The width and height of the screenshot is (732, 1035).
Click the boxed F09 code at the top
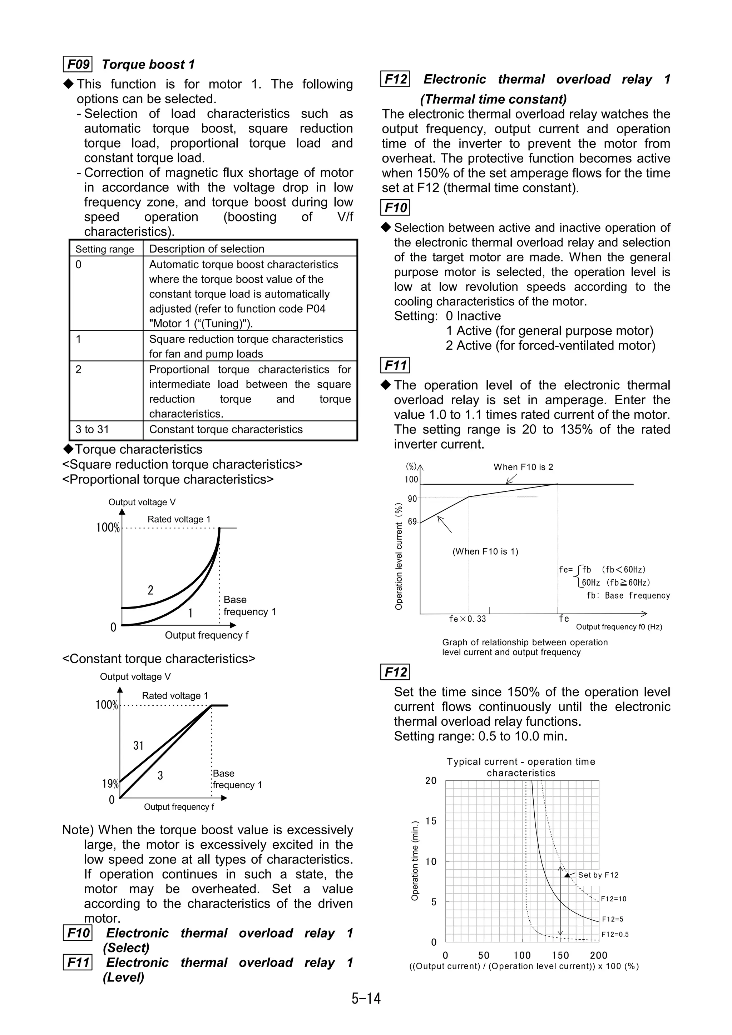(x=78, y=64)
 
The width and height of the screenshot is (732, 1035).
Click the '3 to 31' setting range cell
(x=93, y=430)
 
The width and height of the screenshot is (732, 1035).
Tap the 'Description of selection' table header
(x=207, y=249)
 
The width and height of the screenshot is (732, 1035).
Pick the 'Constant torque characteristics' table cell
(x=226, y=430)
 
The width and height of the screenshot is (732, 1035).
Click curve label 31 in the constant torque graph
(x=138, y=746)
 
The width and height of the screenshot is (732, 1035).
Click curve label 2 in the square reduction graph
(x=150, y=590)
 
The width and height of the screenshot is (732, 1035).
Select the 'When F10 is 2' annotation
(x=523, y=467)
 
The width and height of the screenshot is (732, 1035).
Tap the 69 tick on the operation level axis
(x=412, y=521)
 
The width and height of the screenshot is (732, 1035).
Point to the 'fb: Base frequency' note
(x=628, y=595)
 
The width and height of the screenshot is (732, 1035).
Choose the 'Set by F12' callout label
(x=598, y=875)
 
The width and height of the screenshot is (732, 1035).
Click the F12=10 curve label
(x=614, y=899)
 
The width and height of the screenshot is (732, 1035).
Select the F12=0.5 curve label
(x=615, y=935)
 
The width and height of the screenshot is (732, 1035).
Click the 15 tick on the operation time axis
(x=431, y=821)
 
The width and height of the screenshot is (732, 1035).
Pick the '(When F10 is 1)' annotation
(x=485, y=551)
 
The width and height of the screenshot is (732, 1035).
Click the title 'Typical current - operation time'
(x=521, y=762)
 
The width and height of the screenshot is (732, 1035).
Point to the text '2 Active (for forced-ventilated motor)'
(x=550, y=346)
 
